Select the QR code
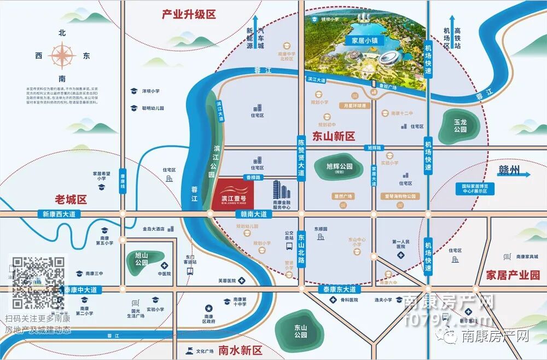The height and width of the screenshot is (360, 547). pos(38,282)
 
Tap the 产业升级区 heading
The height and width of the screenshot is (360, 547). pos(189,15)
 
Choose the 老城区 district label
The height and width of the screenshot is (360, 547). pos(72,199)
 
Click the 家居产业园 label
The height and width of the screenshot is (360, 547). pos(513,275)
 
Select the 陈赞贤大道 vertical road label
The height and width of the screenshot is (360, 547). pos(301,156)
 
